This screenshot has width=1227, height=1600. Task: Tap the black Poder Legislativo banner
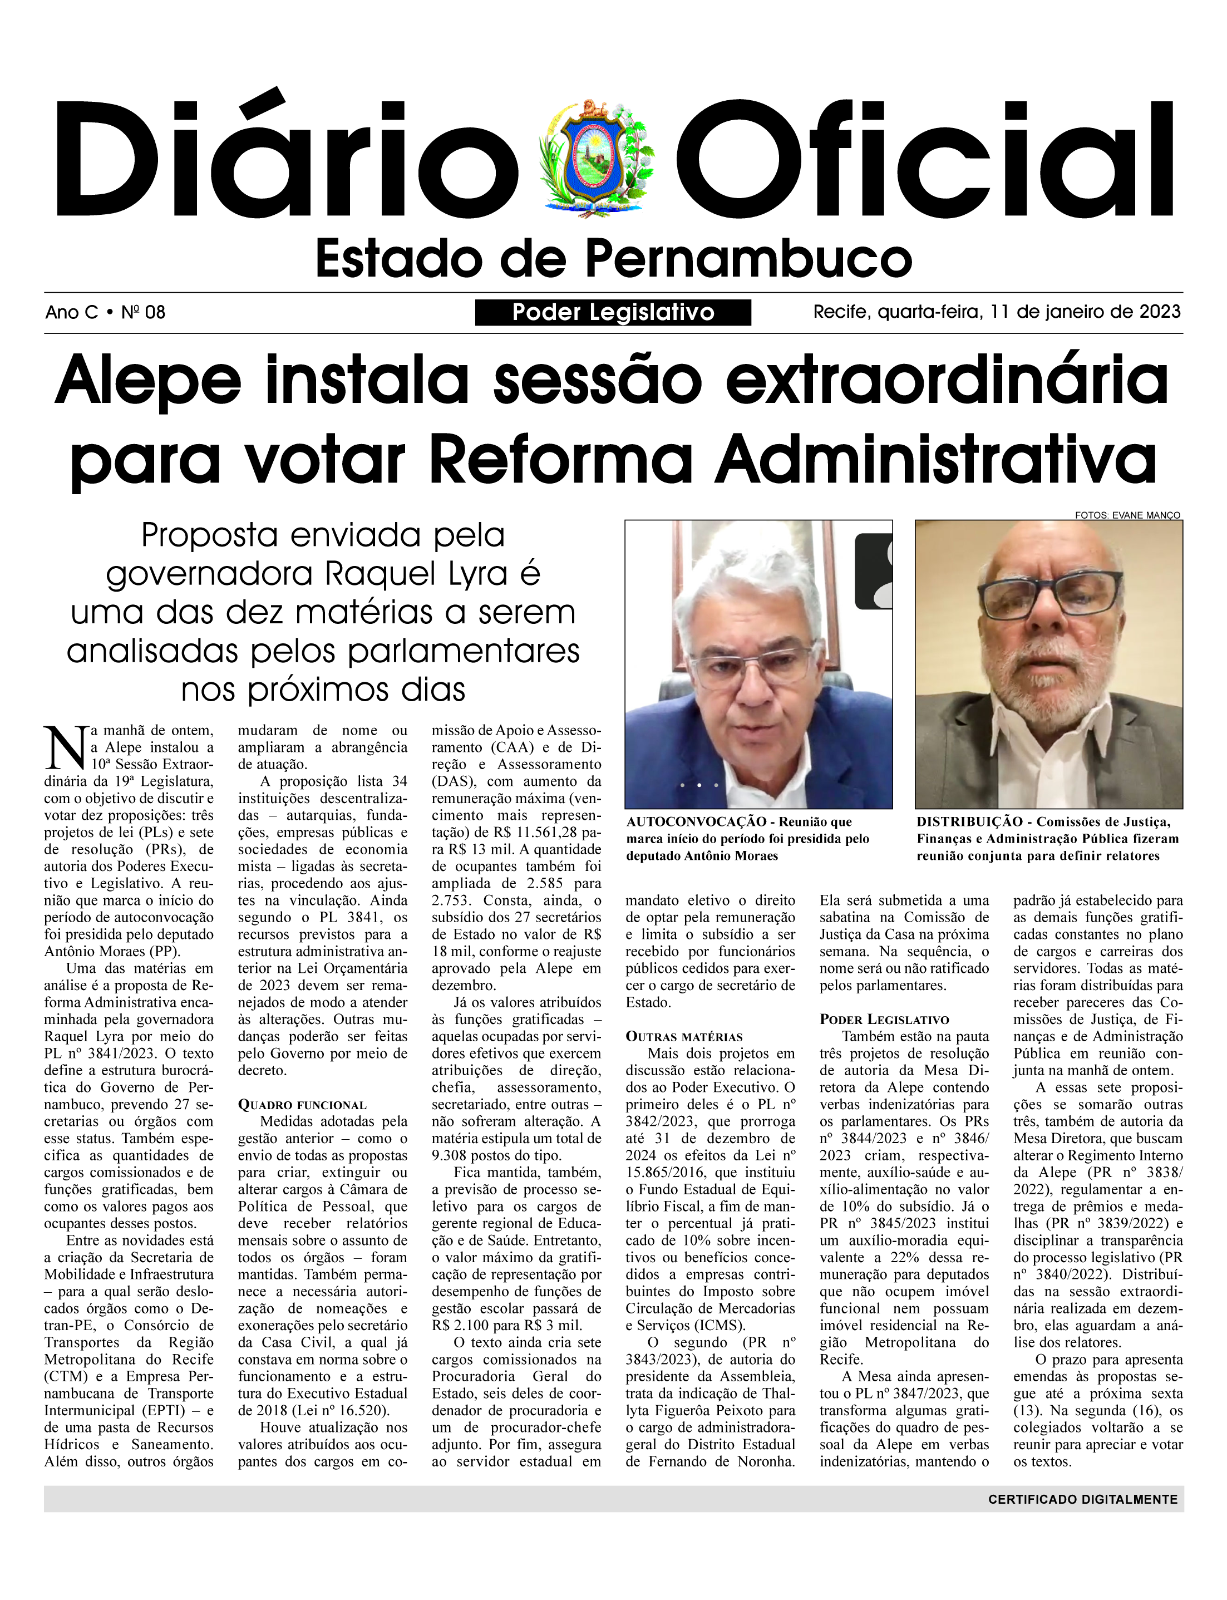click(613, 313)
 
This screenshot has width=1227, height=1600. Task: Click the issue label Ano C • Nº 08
click(105, 313)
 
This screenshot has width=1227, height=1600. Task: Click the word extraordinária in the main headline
click(947, 380)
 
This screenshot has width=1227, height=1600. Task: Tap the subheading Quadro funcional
click(302, 1105)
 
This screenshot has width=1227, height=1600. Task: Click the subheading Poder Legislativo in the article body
click(884, 1020)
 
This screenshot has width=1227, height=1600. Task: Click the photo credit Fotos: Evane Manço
click(1127, 515)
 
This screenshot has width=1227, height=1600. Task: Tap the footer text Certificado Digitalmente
click(1082, 1499)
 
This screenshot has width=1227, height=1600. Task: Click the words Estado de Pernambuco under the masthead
click(613, 259)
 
